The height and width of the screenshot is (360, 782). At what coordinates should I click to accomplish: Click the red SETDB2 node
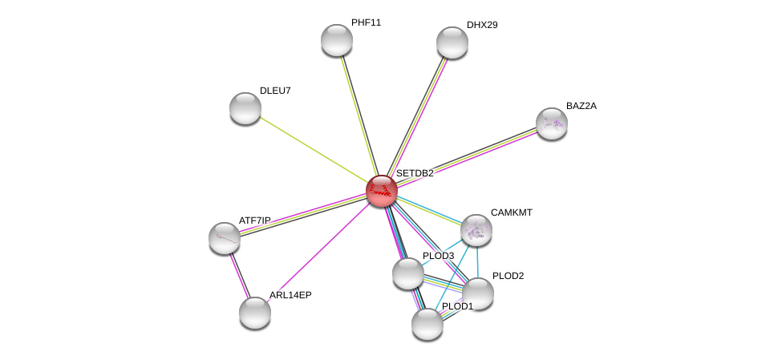382,191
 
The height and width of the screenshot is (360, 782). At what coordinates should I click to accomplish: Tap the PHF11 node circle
337,40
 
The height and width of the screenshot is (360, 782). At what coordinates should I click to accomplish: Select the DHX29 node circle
452,42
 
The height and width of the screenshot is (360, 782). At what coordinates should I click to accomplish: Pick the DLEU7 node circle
245,108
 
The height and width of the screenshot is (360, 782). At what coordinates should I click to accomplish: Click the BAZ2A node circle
552,123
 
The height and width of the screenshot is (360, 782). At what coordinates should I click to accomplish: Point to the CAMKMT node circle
476,230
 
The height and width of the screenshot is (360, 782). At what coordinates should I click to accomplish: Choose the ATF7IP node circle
225,237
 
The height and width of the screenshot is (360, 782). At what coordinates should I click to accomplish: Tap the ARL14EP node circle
255,313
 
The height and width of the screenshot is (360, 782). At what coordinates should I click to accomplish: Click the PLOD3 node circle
408,273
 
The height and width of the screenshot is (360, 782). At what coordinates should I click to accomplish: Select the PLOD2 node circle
478,293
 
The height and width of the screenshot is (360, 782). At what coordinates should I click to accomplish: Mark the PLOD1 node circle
427,324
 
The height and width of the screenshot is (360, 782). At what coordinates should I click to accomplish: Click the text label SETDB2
415,173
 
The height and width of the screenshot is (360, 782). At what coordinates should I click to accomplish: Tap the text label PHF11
366,22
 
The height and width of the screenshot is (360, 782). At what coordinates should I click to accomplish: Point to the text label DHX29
482,25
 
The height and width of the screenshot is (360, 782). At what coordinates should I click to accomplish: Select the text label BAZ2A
581,106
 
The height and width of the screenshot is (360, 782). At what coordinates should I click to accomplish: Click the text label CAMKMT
512,212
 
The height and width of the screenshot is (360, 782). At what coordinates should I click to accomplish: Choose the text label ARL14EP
290,295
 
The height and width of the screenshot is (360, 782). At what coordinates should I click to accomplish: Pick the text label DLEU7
275,91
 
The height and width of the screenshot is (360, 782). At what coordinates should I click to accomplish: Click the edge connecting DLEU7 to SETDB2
313,149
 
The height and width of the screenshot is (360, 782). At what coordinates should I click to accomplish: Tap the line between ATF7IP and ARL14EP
240,275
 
